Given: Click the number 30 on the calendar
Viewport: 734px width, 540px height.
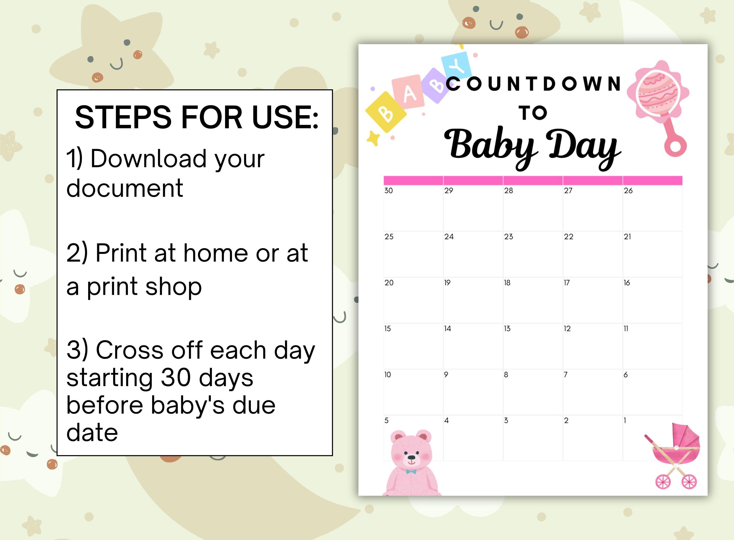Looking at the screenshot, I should [x=389, y=191].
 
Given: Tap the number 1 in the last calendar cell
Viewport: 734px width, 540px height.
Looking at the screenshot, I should [x=625, y=420].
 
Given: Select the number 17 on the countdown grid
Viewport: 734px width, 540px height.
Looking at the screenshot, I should [x=567, y=283].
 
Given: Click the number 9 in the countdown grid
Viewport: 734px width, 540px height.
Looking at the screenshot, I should [x=446, y=375].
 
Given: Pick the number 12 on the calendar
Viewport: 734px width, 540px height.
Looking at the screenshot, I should [x=567, y=329].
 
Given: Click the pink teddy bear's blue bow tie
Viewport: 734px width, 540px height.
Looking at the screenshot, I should [x=411, y=471].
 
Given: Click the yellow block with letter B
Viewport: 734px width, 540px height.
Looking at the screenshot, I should [x=386, y=112].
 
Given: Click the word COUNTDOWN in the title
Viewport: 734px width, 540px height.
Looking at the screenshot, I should [x=533, y=84].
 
